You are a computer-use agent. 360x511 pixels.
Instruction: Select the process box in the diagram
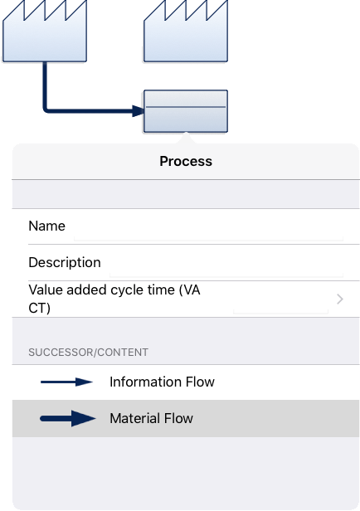point(186,111)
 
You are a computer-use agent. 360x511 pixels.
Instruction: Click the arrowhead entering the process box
point(139,111)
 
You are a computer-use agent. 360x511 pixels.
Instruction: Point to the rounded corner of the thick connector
point(46,109)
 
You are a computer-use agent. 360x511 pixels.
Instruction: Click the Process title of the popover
point(186,161)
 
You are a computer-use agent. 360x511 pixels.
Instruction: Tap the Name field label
point(47,226)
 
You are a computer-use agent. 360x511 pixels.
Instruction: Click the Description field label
point(65,262)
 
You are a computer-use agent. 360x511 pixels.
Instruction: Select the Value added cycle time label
point(114,299)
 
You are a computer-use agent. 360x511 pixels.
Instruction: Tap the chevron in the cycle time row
point(340,299)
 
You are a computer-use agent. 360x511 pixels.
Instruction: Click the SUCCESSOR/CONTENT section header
point(88,353)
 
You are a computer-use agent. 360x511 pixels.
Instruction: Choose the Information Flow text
point(162,382)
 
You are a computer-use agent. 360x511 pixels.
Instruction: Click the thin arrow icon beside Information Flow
point(66,382)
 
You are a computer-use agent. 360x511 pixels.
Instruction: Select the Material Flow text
point(151,418)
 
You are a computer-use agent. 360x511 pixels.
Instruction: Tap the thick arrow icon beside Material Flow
point(68,418)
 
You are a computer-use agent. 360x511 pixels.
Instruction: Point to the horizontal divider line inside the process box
point(186,107)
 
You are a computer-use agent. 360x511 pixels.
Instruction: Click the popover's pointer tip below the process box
point(186,133)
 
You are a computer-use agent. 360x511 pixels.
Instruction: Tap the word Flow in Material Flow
point(178,418)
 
